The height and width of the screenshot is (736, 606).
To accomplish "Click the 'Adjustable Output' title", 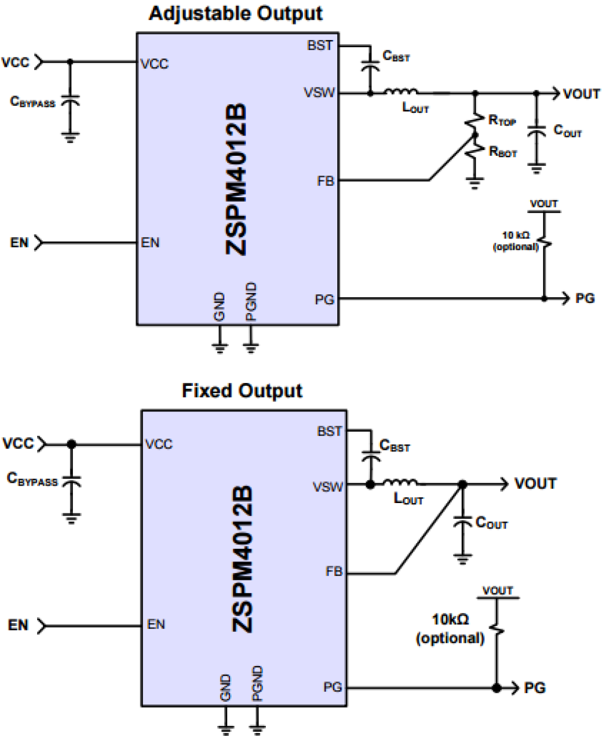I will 235,13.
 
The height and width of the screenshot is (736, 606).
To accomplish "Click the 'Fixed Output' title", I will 242,390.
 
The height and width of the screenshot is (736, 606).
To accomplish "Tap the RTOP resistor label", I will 502,120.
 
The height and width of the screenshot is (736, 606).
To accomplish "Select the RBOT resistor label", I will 503,152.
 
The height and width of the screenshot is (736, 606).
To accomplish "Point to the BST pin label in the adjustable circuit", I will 320,45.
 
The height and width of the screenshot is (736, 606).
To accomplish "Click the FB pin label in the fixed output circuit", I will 333,572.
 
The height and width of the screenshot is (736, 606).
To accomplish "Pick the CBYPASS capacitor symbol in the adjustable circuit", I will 70,101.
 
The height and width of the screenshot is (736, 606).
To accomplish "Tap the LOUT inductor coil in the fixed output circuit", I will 400,482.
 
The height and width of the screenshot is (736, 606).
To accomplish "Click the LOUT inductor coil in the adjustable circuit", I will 401,91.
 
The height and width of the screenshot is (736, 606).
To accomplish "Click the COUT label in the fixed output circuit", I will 491,523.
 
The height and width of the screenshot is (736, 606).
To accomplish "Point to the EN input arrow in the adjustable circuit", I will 39,242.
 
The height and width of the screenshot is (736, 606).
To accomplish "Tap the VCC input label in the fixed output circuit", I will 18,443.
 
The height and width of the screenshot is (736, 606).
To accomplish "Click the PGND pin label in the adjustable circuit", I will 251,302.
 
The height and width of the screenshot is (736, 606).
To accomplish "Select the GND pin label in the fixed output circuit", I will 225,687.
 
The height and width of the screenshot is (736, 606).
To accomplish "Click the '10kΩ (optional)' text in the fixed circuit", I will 450,628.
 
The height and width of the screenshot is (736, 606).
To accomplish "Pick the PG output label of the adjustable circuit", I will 585,299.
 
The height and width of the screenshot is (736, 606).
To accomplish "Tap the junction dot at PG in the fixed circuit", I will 496,688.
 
